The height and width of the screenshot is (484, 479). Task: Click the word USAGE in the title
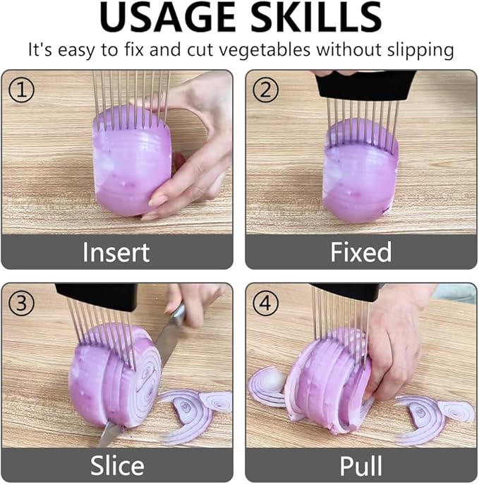pyautogui.click(x=168, y=17)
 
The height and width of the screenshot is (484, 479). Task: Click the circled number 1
pyautogui.click(x=21, y=90)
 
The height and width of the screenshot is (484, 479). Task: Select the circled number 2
pyautogui.click(x=265, y=90)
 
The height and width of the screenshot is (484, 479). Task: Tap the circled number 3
pyautogui.click(x=21, y=303)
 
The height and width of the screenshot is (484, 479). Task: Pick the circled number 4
pyautogui.click(x=265, y=303)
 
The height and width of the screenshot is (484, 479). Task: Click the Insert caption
pyautogui.click(x=116, y=252)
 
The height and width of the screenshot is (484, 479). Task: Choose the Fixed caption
pyautogui.click(x=360, y=252)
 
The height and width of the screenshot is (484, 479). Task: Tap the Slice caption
pyautogui.click(x=117, y=466)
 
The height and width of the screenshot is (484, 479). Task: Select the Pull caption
pyautogui.click(x=360, y=466)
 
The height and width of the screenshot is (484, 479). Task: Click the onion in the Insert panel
pyautogui.click(x=133, y=161)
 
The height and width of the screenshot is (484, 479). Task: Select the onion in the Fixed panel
pyautogui.click(x=360, y=171)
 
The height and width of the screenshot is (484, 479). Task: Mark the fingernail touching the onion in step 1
pyautogui.click(x=157, y=201)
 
